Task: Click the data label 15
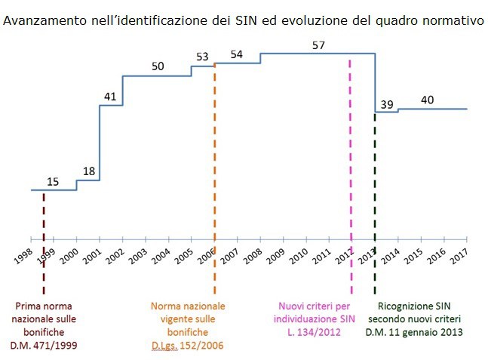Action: coord(53,181)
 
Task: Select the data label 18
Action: coord(89,171)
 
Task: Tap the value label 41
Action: coord(110,97)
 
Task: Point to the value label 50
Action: coord(158,66)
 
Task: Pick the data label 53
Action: coord(202,57)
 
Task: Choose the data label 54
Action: coord(236,54)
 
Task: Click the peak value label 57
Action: coord(318,45)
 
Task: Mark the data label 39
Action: coord(386,104)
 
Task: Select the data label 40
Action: coord(427,100)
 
